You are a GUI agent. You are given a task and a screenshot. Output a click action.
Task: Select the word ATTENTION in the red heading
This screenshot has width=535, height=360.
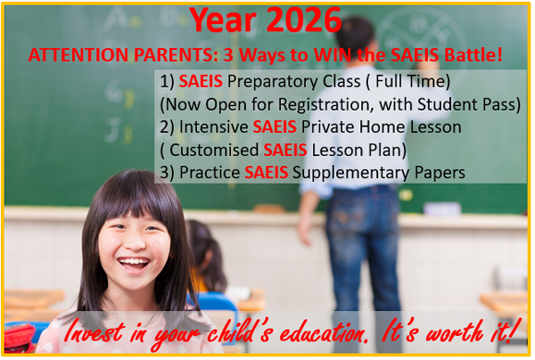(x=71, y=55)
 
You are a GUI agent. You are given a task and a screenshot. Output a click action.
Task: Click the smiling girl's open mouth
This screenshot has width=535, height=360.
(x=134, y=263)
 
